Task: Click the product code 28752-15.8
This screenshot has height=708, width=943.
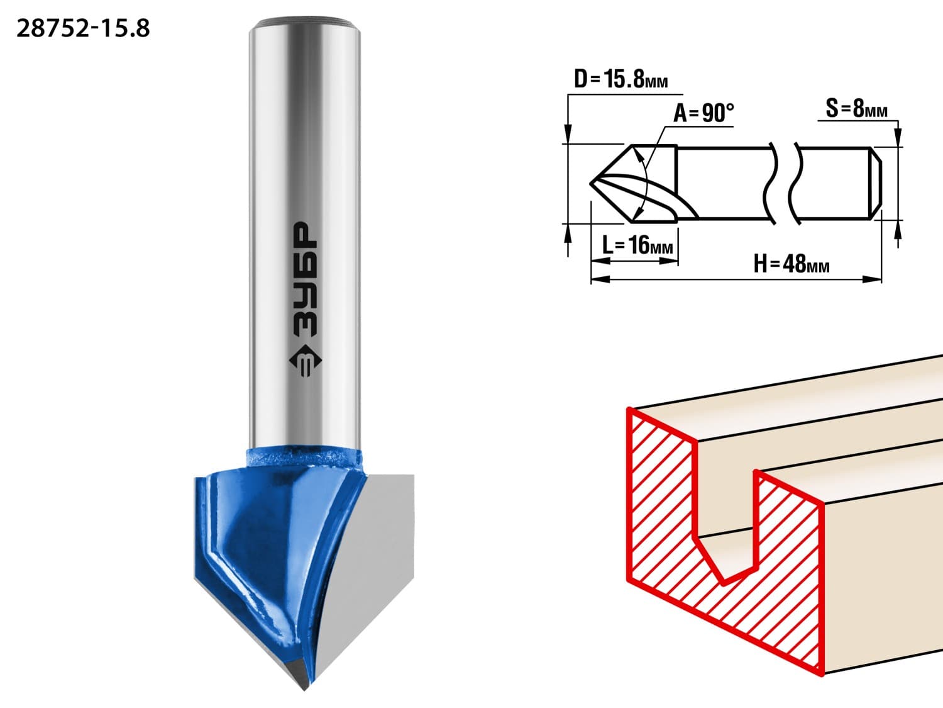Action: pyautogui.click(x=83, y=29)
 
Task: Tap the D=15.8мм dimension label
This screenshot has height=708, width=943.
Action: pyautogui.click(x=621, y=79)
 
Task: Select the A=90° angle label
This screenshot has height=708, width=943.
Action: pyautogui.click(x=703, y=113)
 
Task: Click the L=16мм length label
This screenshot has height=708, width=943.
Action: pyautogui.click(x=637, y=245)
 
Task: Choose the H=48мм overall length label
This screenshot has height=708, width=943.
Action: pyautogui.click(x=791, y=264)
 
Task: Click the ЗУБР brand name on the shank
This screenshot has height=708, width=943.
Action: pyautogui.click(x=306, y=279)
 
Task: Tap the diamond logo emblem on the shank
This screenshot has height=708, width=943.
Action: pyautogui.click(x=306, y=361)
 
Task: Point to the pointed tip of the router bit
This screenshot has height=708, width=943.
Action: pyautogui.click(x=305, y=689)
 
